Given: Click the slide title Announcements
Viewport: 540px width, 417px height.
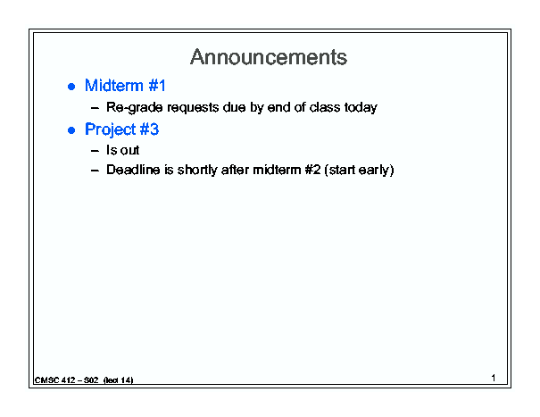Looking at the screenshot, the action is [x=269, y=57].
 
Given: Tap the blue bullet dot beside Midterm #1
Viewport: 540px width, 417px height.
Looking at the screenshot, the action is [x=71, y=87].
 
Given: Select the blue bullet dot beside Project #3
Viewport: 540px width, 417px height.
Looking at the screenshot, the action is [x=71, y=130].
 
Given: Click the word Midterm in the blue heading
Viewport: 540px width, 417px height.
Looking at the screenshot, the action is [x=114, y=86].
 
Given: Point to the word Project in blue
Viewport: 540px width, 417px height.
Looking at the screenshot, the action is [x=111, y=130].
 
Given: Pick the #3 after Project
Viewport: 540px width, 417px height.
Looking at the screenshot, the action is [x=149, y=129].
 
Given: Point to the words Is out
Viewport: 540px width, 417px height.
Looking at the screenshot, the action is [x=122, y=150].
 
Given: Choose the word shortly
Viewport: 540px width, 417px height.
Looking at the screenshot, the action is [x=197, y=171].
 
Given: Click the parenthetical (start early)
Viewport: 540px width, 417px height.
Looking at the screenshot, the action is [x=359, y=171].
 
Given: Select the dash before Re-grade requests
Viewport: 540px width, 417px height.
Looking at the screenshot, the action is [x=95, y=108].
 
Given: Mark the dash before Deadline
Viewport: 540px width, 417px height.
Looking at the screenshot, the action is [x=95, y=171].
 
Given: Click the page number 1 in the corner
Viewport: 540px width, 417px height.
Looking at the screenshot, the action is [x=494, y=378].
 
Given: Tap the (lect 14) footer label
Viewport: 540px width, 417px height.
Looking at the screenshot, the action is [x=118, y=380].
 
